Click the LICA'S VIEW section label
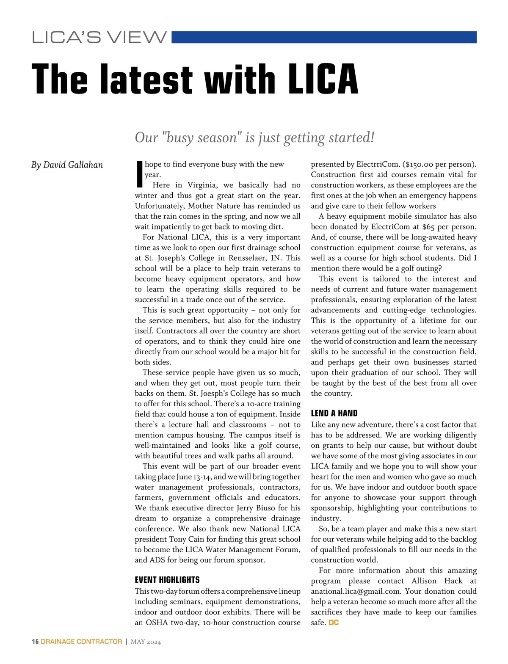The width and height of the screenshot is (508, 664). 99,37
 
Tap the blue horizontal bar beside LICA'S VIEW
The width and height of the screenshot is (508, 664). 324,37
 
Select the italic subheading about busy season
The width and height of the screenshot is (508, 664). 254,138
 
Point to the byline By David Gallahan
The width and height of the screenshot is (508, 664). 67,165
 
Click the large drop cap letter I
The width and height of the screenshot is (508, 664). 139,174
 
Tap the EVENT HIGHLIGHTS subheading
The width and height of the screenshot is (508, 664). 167,580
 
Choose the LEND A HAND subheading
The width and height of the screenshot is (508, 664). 334,413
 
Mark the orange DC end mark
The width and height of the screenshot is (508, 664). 334,623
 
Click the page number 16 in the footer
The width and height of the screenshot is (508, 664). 35,642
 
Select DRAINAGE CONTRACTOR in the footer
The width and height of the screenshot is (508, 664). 81,642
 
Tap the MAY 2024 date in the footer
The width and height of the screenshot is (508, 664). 146,642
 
